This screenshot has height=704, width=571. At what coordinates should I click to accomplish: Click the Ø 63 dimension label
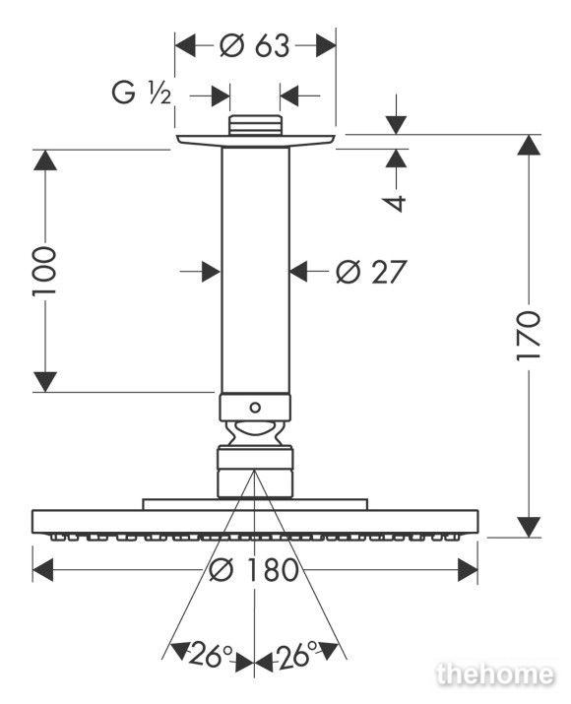pos(255,45)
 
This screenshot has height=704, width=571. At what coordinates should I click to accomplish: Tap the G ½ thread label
pos(141,94)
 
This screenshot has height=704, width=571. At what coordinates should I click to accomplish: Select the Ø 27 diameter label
pos(371,272)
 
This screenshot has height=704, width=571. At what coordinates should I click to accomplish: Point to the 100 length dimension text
pos(44,271)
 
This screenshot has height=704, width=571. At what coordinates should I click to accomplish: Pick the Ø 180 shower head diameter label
pos(254,570)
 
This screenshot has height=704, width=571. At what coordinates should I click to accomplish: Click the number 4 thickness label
pos(396,203)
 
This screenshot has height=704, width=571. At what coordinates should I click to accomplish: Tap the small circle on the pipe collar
pos(255,408)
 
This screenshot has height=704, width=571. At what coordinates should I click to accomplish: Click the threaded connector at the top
pos(255,125)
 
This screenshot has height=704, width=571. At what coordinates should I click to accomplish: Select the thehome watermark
pos(495,674)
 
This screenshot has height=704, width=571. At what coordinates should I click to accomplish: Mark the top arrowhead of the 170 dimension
pos(528,145)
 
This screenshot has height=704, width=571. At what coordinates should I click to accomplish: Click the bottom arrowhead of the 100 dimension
pos(45,382)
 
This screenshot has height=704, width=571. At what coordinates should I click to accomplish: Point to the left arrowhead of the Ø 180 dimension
pos(43,570)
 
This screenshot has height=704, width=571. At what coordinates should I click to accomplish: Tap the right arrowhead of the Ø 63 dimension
pos(326,45)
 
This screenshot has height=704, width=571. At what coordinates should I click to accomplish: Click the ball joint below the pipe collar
pos(255,433)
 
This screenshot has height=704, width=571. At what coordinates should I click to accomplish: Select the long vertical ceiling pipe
pos(255,271)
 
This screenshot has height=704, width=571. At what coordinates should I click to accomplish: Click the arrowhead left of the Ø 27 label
pos(212,271)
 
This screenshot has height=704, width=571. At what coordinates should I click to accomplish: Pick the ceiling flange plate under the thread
pos(255,141)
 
